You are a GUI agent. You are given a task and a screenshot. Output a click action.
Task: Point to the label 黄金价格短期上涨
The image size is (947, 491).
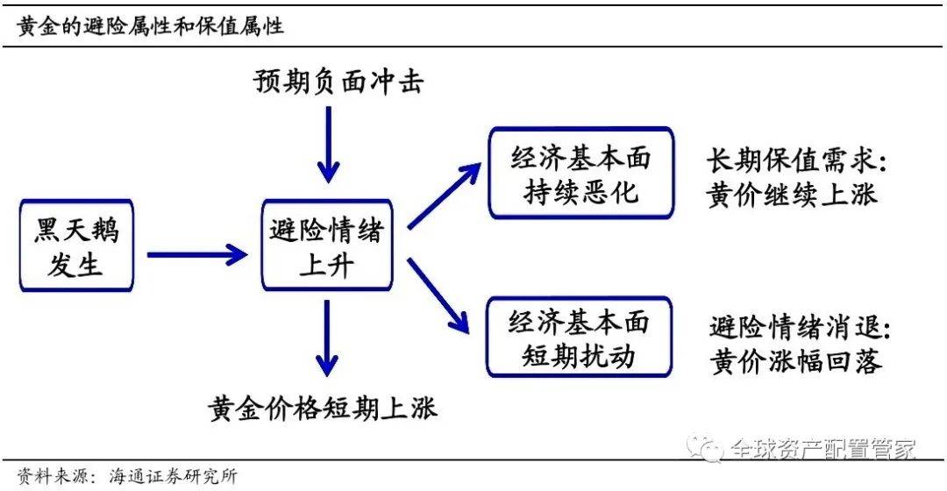pos(323,409)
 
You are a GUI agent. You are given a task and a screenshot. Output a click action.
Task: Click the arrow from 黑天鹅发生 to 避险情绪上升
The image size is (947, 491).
pos(197,254)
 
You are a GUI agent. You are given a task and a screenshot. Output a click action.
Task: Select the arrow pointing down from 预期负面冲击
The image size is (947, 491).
pos(328,145)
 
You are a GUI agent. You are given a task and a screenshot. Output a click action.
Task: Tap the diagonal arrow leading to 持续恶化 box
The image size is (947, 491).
pos(445,196)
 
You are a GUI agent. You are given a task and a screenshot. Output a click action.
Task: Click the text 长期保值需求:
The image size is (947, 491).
pos(796,160)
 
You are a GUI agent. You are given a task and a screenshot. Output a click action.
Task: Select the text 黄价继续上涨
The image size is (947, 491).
pos(791,195)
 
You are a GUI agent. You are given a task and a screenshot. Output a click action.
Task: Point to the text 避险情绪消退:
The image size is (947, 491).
pos(799,327)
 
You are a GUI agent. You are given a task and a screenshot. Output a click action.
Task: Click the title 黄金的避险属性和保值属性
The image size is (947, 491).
pos(151,26)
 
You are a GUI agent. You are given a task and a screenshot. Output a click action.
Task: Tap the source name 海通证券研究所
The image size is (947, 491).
pos(174,476)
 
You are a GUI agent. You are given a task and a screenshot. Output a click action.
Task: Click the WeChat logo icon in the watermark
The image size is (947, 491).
pos(705,448)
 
